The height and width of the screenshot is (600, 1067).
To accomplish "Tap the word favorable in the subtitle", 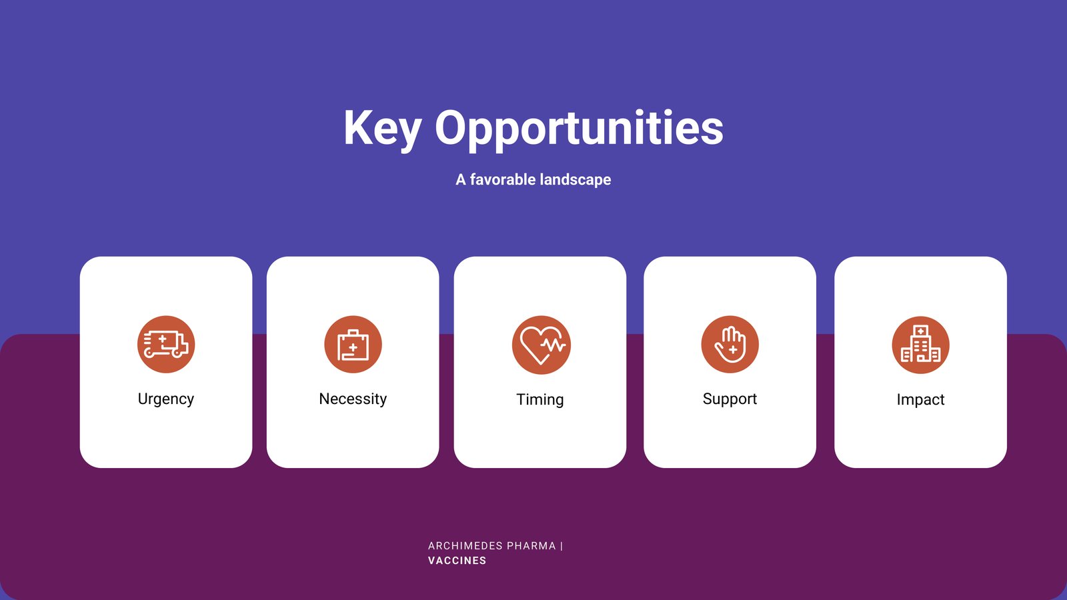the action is (x=503, y=179).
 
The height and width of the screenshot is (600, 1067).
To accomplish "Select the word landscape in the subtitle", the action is (x=576, y=180).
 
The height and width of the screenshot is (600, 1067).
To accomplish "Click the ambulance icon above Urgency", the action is (x=166, y=344).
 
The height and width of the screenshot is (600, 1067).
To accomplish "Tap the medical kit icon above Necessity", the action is (x=353, y=344).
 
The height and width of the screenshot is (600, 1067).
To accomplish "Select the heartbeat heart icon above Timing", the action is (x=541, y=345).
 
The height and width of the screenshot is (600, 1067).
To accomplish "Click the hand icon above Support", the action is (x=730, y=344).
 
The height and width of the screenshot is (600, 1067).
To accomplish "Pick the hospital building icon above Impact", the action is (x=920, y=345).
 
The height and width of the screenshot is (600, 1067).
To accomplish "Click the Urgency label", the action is (x=166, y=399).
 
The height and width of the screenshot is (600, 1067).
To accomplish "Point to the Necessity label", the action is (x=353, y=399).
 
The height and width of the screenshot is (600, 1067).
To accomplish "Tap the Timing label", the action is (x=540, y=399).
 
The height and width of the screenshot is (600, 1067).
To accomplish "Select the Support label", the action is (x=730, y=399).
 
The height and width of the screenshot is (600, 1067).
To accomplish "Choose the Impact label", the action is (x=920, y=399).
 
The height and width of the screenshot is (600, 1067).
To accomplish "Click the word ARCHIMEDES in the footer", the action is (x=465, y=546).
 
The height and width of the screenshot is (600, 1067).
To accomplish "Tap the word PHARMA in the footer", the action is (x=531, y=546).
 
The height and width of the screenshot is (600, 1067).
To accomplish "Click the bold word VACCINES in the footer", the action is (x=457, y=561).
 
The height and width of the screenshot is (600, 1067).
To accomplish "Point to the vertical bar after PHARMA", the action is (x=562, y=546).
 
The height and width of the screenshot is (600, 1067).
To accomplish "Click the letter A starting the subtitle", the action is (x=461, y=179).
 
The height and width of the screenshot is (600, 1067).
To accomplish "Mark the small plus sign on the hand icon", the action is (x=733, y=350).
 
